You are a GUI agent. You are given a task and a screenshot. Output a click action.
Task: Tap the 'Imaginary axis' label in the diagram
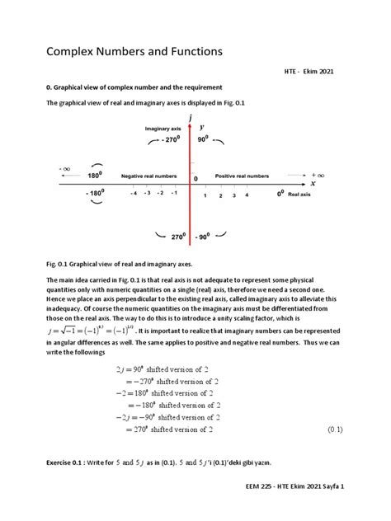[x=163, y=130]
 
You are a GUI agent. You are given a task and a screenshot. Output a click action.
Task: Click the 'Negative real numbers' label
[x=150, y=176]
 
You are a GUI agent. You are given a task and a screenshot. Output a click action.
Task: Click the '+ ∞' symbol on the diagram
[x=318, y=176]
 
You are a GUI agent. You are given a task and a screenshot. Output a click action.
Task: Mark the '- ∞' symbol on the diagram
[x=65, y=168]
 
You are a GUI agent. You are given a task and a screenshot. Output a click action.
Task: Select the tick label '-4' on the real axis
[x=134, y=194]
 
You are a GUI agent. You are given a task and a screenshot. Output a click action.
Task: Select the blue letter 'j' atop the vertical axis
[x=191, y=119]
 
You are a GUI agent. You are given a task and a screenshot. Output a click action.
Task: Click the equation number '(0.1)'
[x=335, y=429]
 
